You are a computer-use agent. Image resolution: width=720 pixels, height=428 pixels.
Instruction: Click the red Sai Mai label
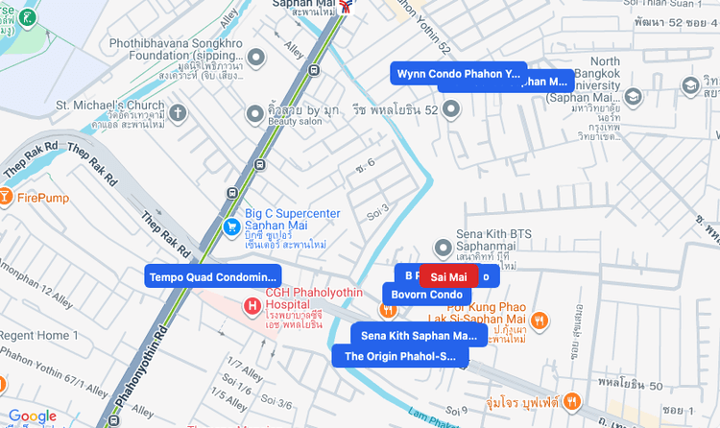(x=448, y=276)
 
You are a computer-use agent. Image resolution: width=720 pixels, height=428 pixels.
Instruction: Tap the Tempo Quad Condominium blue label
(x=212, y=277)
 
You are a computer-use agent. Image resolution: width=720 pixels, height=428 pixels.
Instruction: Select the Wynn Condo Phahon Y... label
(x=458, y=73)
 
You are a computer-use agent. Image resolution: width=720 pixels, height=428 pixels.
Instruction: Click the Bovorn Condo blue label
(x=426, y=295)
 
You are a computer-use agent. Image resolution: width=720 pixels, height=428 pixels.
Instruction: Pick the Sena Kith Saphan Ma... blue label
(x=419, y=336)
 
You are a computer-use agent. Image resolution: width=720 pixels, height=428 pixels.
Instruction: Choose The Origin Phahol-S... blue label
(x=399, y=357)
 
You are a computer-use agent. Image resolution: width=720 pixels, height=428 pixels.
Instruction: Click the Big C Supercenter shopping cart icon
(x=231, y=226)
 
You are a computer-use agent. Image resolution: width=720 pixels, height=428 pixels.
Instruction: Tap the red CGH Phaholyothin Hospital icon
(x=252, y=306)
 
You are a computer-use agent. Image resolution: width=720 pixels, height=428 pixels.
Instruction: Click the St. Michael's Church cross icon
(x=179, y=113)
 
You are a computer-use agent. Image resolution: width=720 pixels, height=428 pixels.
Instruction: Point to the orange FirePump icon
(x=5, y=198)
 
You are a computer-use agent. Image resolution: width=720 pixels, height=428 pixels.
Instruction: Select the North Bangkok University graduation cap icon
(x=633, y=96)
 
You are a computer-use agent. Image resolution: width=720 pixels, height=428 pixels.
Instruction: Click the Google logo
(x=32, y=416)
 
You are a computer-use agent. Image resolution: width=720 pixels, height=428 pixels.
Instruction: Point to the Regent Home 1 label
(x=34, y=336)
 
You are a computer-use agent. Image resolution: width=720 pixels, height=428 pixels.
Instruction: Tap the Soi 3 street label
(x=377, y=210)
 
